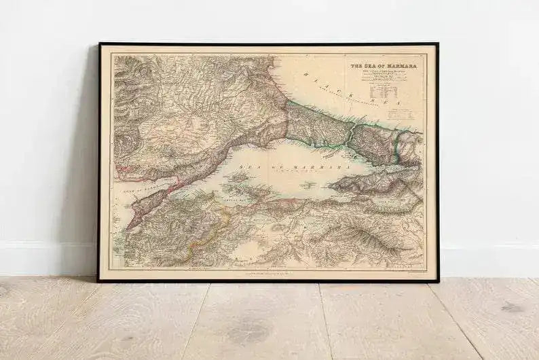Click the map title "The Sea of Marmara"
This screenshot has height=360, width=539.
point(383,66)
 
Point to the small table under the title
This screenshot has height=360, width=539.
point(384,89)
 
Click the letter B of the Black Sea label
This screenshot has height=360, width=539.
point(306,75)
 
